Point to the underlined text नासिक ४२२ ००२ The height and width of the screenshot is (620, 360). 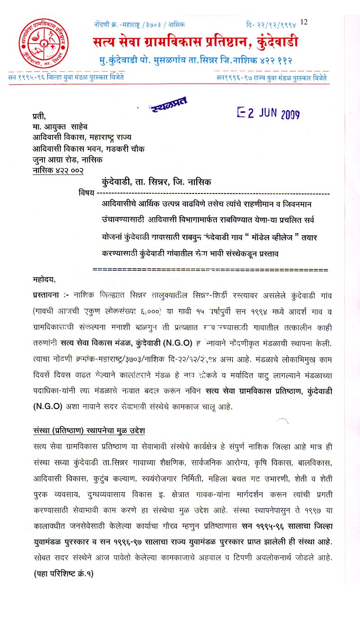[58, 170]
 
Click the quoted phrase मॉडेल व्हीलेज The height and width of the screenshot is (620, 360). [269, 237]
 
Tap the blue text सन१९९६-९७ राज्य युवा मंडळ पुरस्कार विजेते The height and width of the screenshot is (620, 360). [272, 77]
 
